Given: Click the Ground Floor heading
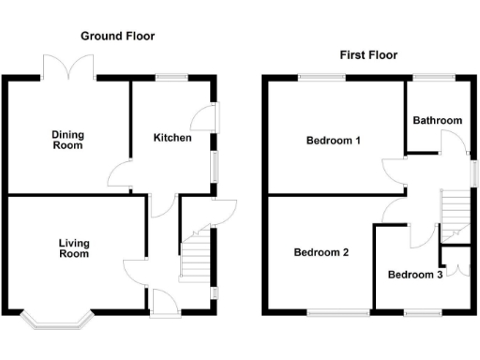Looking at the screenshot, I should point(117,36).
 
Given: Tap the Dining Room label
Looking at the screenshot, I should point(67,140).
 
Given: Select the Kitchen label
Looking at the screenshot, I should point(172,138).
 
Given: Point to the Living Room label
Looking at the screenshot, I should point(74,248).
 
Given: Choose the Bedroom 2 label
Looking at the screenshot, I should point(321,252).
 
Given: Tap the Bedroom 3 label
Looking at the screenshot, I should point(413,275).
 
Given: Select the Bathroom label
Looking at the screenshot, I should point(438,120).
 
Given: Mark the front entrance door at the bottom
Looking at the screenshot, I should point(162,302).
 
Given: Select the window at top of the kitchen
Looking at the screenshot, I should point(171,78).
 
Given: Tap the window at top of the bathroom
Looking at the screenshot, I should point(435,78).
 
